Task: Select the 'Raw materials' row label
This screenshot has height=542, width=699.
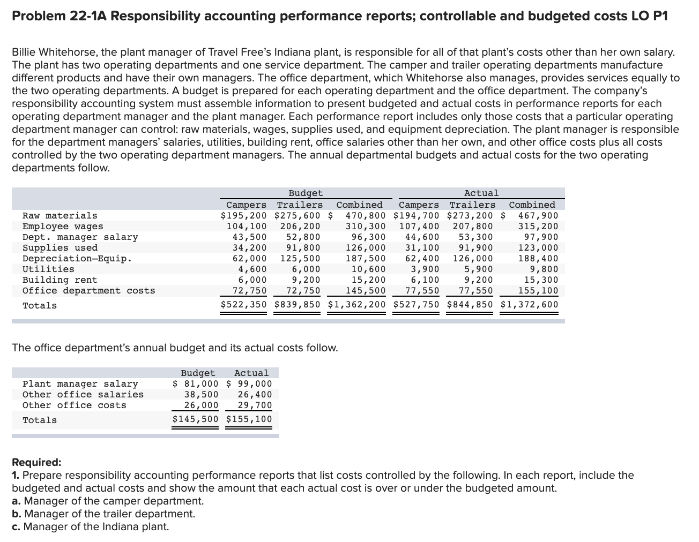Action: pos(60,215)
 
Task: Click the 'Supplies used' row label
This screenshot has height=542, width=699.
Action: pos(60,247)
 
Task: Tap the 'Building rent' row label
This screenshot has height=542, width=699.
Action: pos(60,280)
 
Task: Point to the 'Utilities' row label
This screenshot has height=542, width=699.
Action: pos(48,269)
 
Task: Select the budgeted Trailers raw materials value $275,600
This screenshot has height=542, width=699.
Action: pos(297,215)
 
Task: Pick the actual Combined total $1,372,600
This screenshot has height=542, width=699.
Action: pos(529,305)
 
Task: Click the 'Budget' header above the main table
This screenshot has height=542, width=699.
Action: pos(306,193)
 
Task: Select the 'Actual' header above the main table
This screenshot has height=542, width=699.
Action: pos(481,193)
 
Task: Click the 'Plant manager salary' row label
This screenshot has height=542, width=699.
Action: pos(80,383)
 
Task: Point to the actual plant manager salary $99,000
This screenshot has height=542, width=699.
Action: pos(249,383)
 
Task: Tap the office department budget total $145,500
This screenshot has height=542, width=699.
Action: pos(195,419)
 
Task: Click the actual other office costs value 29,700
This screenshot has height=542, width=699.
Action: pos(255,405)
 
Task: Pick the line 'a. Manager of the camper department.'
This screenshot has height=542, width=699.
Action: pos(108,501)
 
